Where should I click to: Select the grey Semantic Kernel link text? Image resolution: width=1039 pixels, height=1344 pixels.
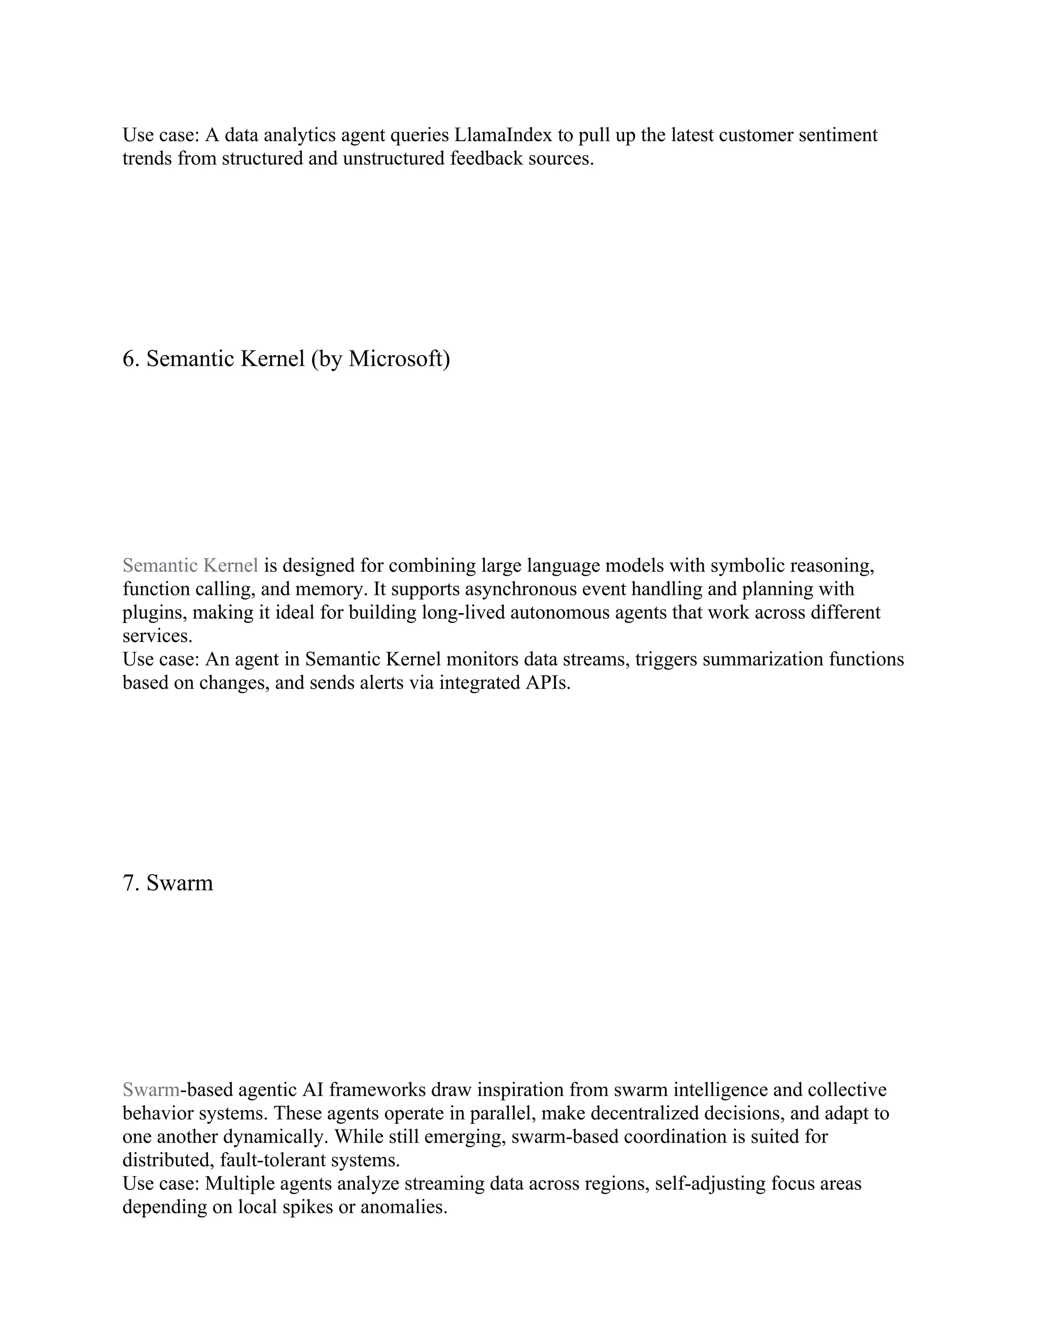point(190,565)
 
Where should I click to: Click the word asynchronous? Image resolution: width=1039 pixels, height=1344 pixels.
point(514,589)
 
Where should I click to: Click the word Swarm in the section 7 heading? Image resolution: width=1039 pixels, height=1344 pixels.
point(180,883)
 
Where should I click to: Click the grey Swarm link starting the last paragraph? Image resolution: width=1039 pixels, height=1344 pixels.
point(151,1090)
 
